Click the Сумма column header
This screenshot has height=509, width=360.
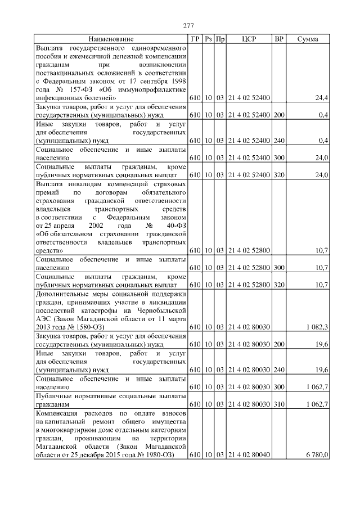307,39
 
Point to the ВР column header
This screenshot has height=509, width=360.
278,39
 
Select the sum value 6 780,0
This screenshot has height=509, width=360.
318,454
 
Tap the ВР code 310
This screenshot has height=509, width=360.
278,404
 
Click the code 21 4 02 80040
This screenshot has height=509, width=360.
249,454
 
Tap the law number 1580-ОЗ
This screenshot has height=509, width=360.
88,326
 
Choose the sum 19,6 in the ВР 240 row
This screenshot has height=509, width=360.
321,370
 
